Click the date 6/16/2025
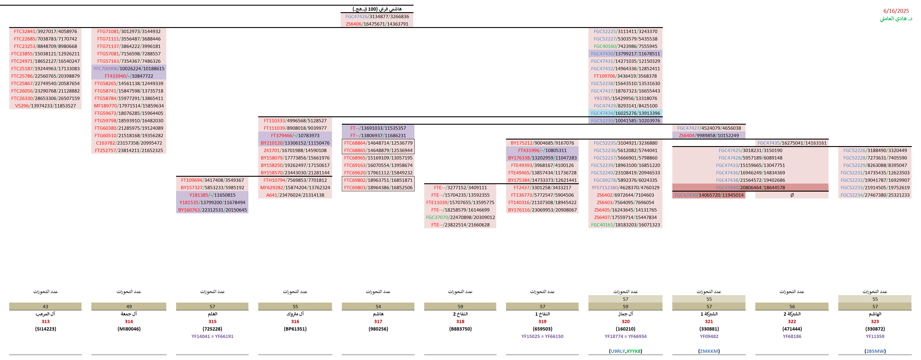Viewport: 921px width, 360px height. pos(896,11)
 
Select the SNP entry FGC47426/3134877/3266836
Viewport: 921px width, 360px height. pos(377,16)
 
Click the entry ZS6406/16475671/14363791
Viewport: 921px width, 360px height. pos(377,24)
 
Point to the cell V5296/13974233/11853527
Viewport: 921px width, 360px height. pos(46,106)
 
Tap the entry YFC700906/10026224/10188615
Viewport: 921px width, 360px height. pos(129,69)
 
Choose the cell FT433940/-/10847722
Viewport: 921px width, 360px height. pos(129,76)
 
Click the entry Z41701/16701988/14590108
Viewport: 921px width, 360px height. pos(295,151)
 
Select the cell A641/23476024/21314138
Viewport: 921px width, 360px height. pos(295,195)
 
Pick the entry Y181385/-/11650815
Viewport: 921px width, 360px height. pos(212,195)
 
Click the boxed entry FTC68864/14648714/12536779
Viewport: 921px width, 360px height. pos(378,143)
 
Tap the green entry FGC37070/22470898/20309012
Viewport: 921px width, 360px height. pos(460,217)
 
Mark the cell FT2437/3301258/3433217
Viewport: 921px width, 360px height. pos(542,188)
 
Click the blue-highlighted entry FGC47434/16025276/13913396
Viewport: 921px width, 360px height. pos(625,113)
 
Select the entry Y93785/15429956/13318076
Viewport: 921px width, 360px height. pos(625,98)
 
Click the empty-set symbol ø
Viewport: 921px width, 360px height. pos(792,195)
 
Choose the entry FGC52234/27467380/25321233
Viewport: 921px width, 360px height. pos(875,195)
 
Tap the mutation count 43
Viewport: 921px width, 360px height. pos(46,307)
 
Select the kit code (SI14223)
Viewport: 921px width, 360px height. pos(46,329)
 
